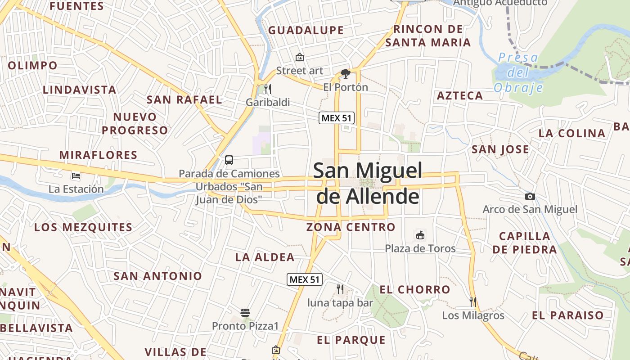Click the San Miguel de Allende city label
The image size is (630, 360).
pos(368,183)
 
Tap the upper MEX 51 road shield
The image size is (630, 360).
pos(337,118)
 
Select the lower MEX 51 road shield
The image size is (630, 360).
pos(305,279)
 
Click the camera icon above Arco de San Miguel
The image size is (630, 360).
pos(530,196)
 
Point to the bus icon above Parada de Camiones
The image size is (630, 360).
pos(229,160)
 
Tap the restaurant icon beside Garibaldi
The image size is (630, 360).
pos(267,89)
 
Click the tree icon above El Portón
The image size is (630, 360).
pos(346,73)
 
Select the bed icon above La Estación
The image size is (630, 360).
pos(76,176)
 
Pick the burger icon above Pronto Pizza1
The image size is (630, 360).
pos(245,312)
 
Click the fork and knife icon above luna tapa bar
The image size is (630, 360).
pos(340,289)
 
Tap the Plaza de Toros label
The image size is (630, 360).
pos(420,248)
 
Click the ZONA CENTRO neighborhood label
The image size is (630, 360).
pos(351,227)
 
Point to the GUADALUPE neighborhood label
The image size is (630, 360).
pos(306,31)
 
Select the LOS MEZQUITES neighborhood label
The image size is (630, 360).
pos(83,227)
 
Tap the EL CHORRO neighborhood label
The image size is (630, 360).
pos(414,289)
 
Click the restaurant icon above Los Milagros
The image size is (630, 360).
pos(473,301)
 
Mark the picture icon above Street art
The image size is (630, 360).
pos(299,57)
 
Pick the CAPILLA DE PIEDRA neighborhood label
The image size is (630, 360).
pos(524,243)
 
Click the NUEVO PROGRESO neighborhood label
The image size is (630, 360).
pos(135,124)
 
